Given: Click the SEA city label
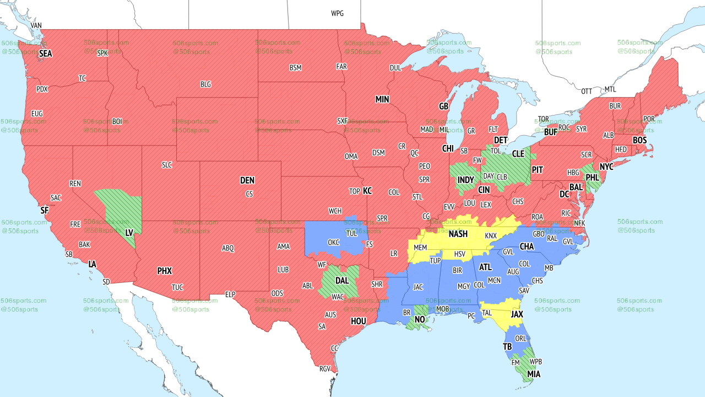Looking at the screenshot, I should [x=46, y=53].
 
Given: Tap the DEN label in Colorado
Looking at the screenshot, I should [x=247, y=180].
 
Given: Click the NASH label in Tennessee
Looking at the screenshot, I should [x=458, y=234].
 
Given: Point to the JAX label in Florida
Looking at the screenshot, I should [x=517, y=314].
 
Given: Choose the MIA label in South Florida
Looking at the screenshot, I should [x=533, y=374].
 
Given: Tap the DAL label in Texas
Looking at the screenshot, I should [x=342, y=281].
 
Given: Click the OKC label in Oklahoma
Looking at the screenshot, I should [x=333, y=242].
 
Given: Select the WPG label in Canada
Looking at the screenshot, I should [x=337, y=13].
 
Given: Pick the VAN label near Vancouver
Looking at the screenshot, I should [x=36, y=25].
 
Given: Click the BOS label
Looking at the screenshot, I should [x=639, y=141].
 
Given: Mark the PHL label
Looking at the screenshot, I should [x=592, y=178].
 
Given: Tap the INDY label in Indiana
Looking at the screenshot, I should [x=465, y=180].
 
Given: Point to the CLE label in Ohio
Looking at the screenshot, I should [x=518, y=154].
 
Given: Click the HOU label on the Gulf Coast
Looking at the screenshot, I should [x=358, y=321].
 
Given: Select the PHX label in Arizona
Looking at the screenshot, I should [x=164, y=271].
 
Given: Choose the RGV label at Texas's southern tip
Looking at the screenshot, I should [x=324, y=369].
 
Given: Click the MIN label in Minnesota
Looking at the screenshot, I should [x=382, y=100].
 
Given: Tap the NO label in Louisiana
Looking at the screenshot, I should [x=420, y=319].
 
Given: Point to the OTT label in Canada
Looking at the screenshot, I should [x=587, y=91].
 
